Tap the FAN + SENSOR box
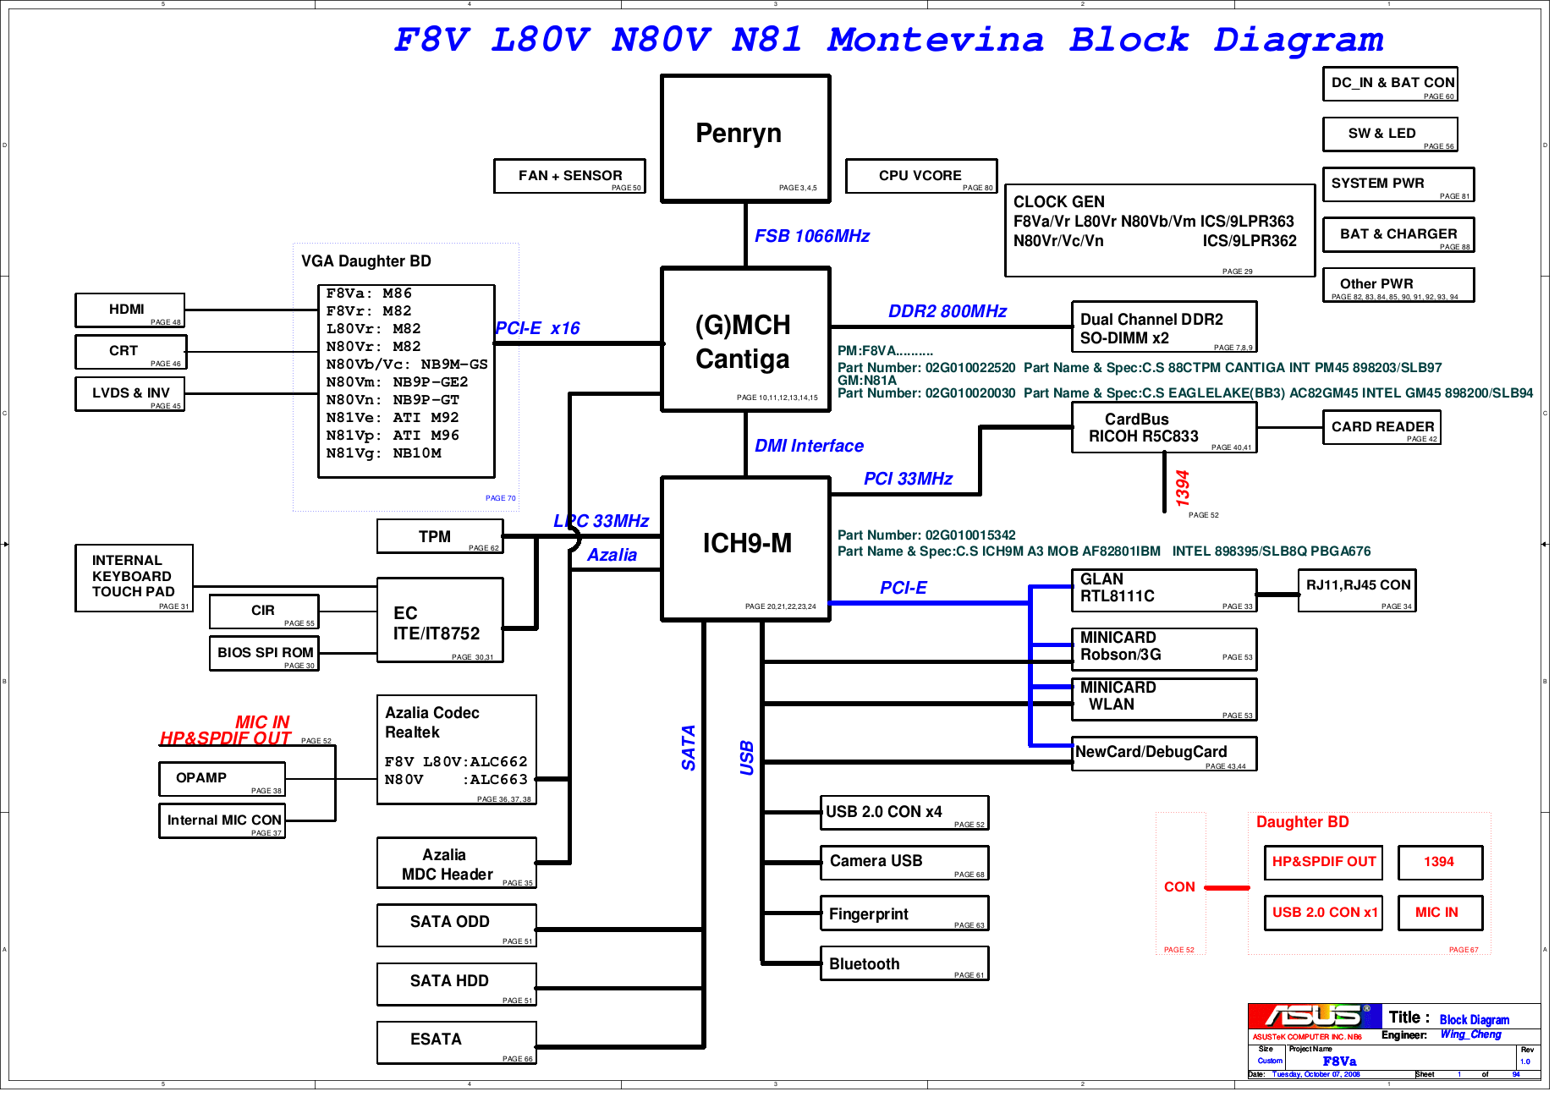click(569, 176)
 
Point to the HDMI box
click(129, 310)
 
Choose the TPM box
click(439, 536)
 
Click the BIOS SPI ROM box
click(264, 653)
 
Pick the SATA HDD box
click(456, 984)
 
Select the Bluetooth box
click(904, 963)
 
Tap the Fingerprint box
click(904, 913)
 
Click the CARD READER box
click(1381, 427)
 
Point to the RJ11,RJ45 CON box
click(1357, 590)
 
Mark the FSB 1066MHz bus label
click(811, 236)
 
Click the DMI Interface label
click(809, 446)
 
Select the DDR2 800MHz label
click(947, 311)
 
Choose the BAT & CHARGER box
click(1398, 234)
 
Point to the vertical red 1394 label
click(1182, 488)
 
